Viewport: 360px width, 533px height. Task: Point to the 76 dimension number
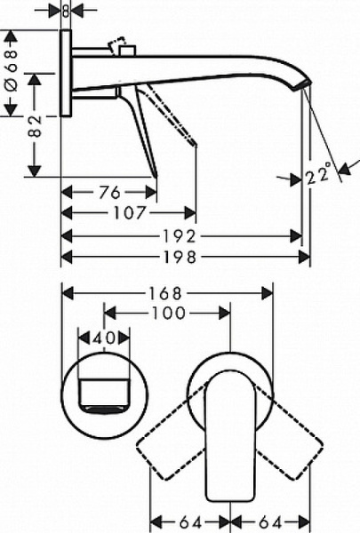point(108,191)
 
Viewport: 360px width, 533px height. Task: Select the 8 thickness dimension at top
point(65,11)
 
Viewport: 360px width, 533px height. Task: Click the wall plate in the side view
point(65,76)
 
